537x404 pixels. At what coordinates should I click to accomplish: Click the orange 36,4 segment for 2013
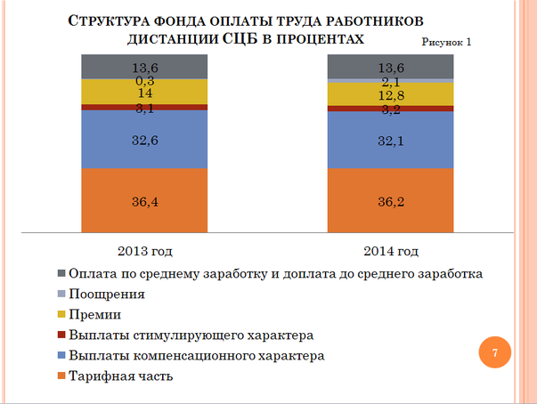[x=143, y=200]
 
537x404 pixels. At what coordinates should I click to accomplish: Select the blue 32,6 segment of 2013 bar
[x=143, y=139]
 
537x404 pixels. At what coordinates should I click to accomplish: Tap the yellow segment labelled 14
[x=143, y=92]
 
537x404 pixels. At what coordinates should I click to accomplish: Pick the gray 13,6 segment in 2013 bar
[x=143, y=66]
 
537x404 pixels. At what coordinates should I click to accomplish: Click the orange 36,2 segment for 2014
[x=390, y=200]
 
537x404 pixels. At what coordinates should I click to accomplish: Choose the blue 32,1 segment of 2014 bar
[x=390, y=140]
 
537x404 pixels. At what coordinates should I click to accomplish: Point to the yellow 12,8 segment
[x=390, y=95]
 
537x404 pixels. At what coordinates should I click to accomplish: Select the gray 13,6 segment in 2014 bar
[x=390, y=66]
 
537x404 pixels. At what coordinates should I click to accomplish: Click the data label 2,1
[x=390, y=81]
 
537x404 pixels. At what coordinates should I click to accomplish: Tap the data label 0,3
[x=143, y=78]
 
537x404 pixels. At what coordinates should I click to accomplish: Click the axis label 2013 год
[x=143, y=251]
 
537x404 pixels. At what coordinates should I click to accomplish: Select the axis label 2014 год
[x=390, y=251]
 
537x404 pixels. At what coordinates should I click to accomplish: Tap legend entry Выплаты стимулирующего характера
[x=191, y=335]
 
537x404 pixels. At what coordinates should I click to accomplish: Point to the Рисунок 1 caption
[x=445, y=42]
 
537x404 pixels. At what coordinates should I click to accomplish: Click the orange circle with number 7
[x=493, y=352]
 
